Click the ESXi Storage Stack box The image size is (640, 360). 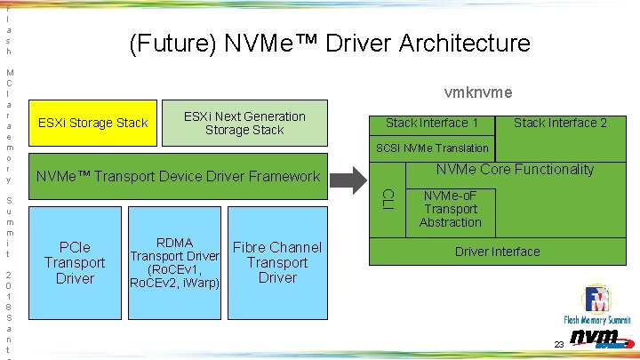click(x=93, y=123)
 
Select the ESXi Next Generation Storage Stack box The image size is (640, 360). click(x=244, y=124)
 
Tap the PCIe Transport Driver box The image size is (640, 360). click(x=75, y=262)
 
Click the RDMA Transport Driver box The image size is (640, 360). click(x=175, y=262)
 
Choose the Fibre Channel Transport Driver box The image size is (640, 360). click(x=277, y=262)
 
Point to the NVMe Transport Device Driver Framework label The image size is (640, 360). click(x=177, y=177)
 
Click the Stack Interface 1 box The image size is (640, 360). click(x=432, y=123)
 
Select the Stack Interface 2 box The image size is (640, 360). click(x=560, y=123)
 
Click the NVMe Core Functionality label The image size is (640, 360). click(x=515, y=169)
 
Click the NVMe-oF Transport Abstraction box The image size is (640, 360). click(x=451, y=209)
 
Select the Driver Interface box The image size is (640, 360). click(x=497, y=252)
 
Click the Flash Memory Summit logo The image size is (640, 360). click(x=596, y=307)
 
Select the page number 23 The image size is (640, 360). click(x=558, y=344)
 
